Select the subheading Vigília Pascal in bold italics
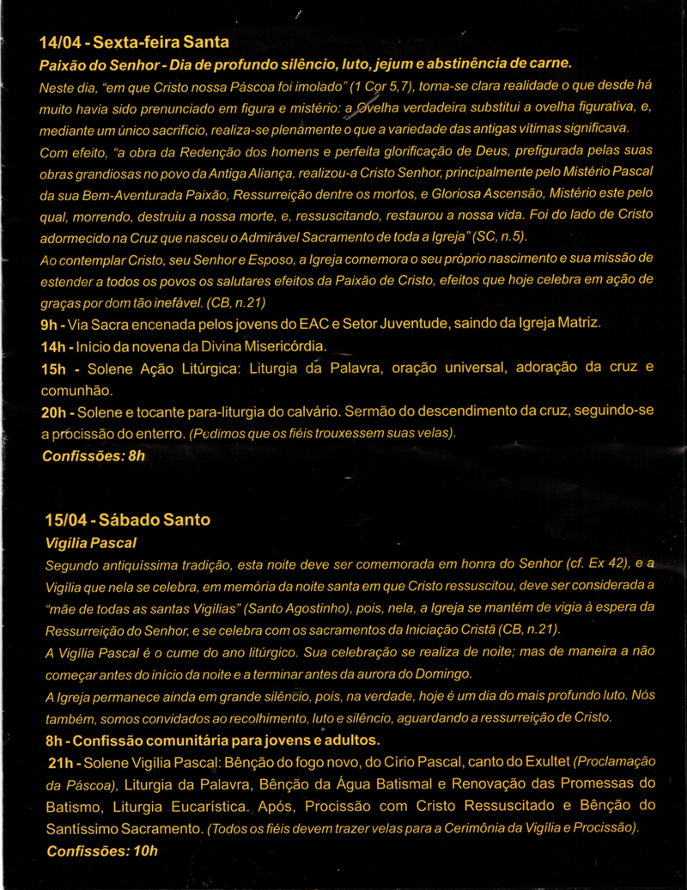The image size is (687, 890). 90,543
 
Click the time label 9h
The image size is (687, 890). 49,323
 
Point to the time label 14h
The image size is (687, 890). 53,345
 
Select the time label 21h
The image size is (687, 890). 65,762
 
